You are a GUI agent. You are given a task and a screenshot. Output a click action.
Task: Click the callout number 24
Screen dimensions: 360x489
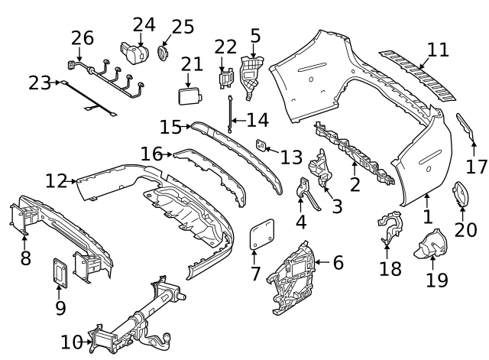144,25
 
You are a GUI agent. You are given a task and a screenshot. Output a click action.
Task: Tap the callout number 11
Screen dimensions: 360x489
438,50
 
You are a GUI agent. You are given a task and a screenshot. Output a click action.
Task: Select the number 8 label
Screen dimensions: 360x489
25,258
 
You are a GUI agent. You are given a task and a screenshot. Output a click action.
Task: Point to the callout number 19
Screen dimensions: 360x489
436,280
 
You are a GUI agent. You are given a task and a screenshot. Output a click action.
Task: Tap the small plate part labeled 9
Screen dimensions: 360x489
60,273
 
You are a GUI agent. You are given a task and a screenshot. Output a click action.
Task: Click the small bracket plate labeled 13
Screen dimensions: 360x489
261,144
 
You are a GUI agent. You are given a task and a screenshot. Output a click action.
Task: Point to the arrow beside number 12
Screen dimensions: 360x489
74,181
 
